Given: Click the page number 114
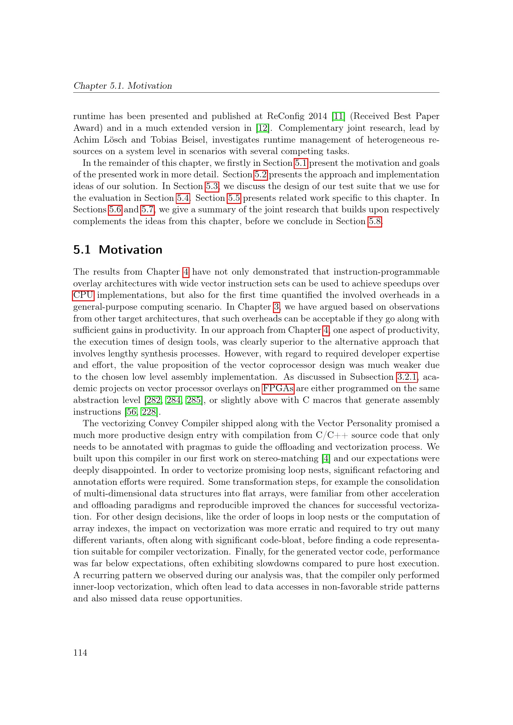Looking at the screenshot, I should (x=80, y=652).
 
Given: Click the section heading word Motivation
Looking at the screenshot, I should (x=131, y=250).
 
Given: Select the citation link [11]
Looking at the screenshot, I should (x=338, y=116).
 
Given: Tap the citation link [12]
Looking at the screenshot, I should (x=262, y=128).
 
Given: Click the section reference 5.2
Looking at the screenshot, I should (x=261, y=175).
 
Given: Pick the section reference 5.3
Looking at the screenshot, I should (x=212, y=186).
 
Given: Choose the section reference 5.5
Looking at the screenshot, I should (x=234, y=198).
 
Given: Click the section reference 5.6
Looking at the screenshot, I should (x=115, y=210).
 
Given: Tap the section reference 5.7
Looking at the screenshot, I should (x=147, y=210).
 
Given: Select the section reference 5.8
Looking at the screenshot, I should (x=375, y=221).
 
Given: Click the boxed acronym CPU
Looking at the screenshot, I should (x=83, y=295).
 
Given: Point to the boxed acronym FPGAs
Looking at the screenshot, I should (x=278, y=388).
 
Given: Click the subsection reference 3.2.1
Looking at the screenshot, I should (x=407, y=377).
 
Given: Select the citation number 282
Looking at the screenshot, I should (x=154, y=400).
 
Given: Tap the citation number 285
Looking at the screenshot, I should (x=194, y=400).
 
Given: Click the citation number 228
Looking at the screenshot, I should (x=149, y=412).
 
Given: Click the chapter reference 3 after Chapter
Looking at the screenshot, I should (x=276, y=307).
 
